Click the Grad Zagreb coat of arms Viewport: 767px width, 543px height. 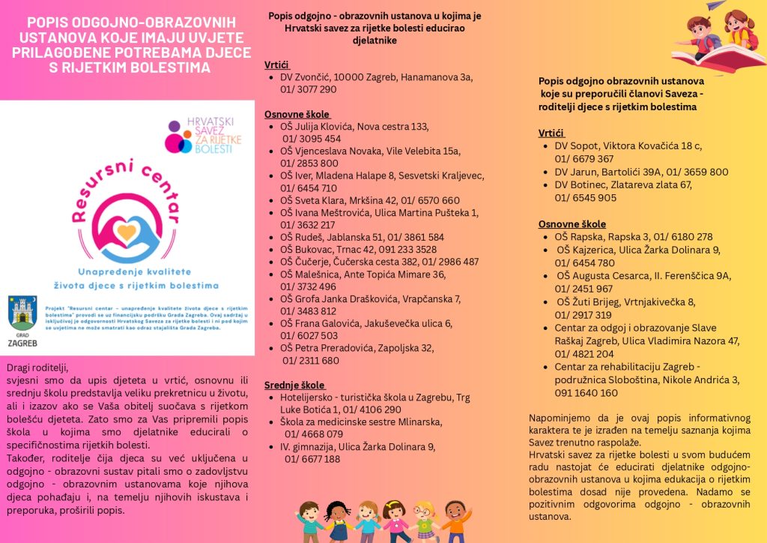tap(20, 310)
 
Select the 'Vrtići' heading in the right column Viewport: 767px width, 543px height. tap(554, 133)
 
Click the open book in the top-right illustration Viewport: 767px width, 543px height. tap(719, 60)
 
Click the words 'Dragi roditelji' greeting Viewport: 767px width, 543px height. tap(37, 367)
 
